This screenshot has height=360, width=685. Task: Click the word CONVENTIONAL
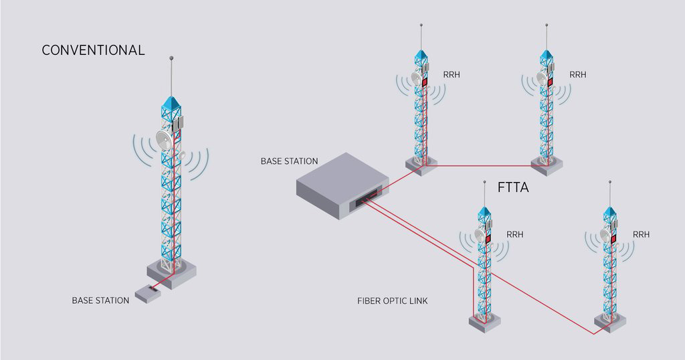point(93,50)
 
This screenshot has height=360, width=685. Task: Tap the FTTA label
point(513,187)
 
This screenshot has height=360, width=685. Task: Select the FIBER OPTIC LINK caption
point(393,301)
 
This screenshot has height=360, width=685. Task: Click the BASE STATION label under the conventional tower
point(100,300)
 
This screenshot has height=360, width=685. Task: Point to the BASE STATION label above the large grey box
point(289,161)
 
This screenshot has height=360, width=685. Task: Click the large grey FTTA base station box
point(342,184)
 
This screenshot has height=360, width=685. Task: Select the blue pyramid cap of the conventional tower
point(171,104)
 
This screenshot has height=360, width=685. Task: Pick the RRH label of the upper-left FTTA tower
point(452,75)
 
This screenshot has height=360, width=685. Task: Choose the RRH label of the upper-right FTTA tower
point(577,75)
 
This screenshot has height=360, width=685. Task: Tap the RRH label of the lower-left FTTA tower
point(515,235)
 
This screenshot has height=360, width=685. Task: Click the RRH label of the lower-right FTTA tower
point(641,235)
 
